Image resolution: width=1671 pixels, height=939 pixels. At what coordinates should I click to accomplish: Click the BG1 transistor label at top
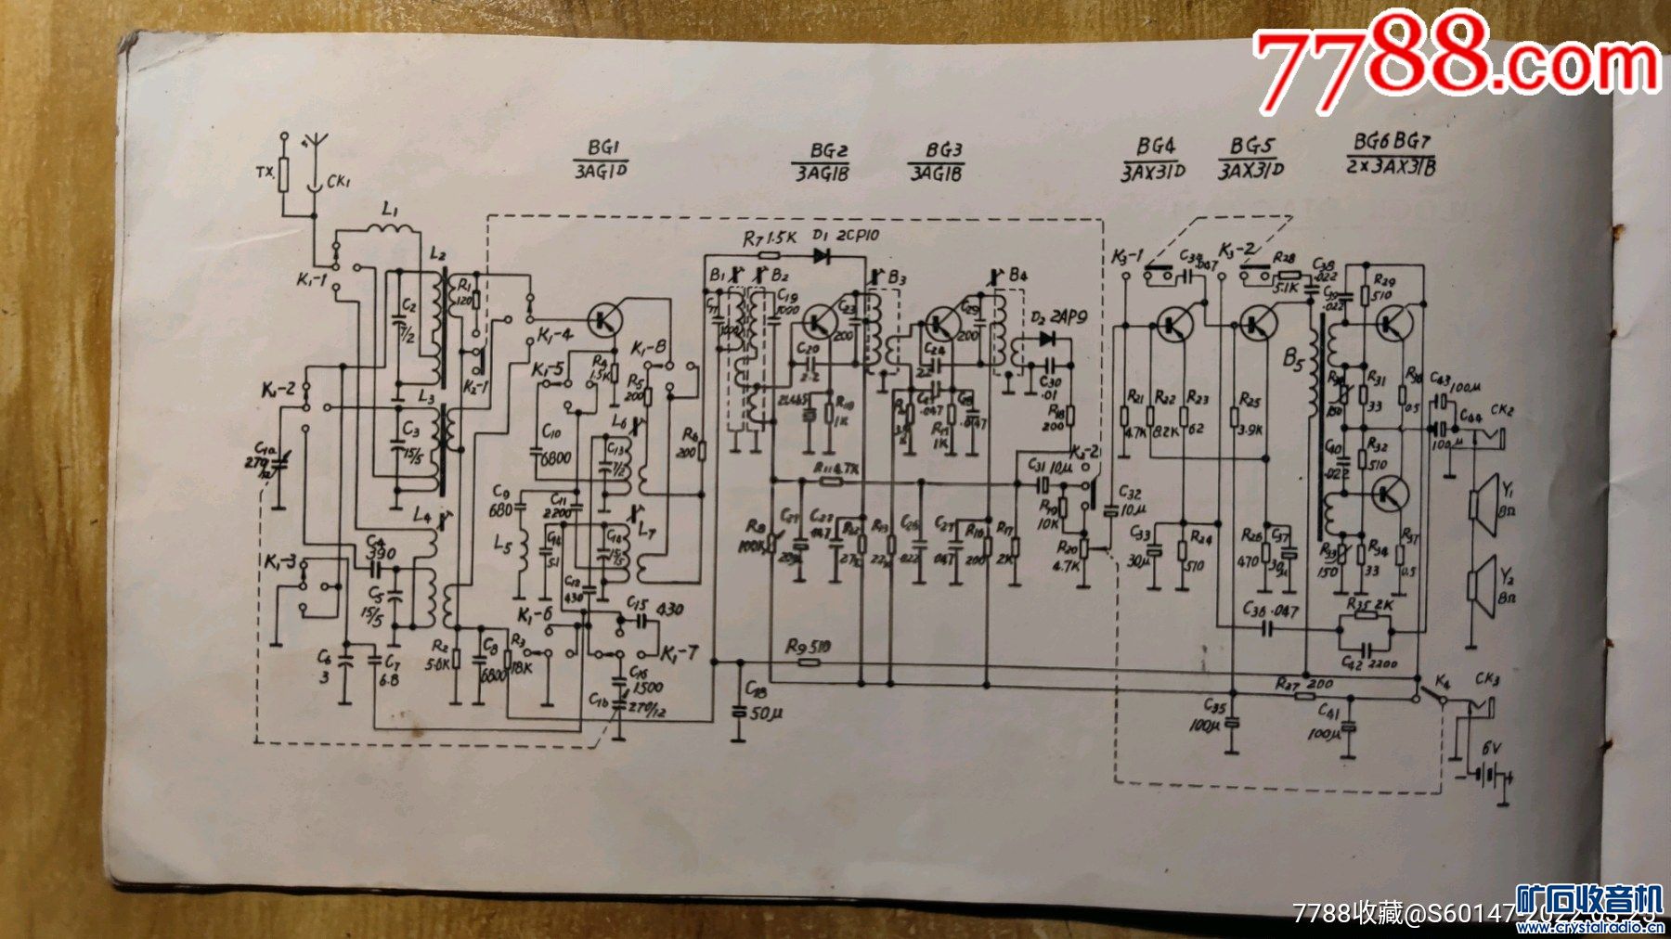[x=602, y=148]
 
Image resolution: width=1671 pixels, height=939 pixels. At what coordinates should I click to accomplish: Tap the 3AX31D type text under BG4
[x=1153, y=172]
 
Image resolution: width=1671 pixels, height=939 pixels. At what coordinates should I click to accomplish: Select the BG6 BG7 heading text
[x=1392, y=141]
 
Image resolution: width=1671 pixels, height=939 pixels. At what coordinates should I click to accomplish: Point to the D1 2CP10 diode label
[x=847, y=236]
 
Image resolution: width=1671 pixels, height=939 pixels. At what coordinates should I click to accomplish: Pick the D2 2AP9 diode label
[x=1052, y=316]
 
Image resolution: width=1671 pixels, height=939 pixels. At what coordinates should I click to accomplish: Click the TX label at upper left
[x=265, y=173]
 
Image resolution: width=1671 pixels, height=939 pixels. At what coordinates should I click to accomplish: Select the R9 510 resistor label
[x=808, y=646]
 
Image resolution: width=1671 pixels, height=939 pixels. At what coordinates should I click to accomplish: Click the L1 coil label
[x=390, y=210]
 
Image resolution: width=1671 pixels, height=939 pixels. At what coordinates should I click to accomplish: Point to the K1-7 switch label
[x=680, y=654]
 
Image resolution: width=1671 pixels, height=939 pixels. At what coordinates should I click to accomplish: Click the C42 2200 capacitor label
[x=1368, y=662]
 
